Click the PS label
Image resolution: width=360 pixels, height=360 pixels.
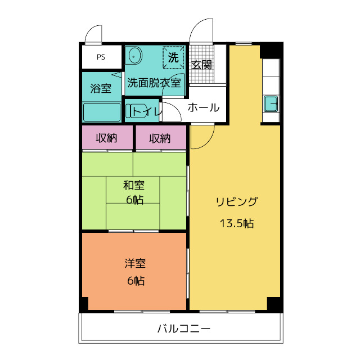pos(101,57)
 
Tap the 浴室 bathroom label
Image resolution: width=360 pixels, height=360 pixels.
pos(101,88)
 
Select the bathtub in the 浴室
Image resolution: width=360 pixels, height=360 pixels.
pos(102,112)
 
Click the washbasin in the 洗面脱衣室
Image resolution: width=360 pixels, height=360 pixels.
pos(136,56)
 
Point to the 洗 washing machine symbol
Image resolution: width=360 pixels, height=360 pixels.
pos(173,57)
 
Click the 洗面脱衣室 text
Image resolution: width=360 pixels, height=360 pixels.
pos(154,83)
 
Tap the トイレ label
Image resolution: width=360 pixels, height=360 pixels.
pos(147,111)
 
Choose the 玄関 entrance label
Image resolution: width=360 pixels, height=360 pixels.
pos(201,65)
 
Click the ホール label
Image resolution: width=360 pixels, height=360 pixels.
pos(204,107)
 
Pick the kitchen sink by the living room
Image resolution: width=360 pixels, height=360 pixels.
pos(271,103)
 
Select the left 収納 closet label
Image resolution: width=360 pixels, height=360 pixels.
pos(106,138)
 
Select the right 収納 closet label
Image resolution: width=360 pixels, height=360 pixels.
pos(160,138)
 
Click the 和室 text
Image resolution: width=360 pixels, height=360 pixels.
pos(134,185)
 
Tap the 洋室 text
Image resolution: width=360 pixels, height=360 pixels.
pos(135,263)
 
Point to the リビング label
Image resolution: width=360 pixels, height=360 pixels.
pos(237,201)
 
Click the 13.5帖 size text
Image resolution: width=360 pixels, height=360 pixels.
pos(237,223)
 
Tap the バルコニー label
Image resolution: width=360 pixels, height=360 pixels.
pos(184,328)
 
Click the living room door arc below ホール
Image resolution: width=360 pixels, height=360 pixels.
pos(209,142)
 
